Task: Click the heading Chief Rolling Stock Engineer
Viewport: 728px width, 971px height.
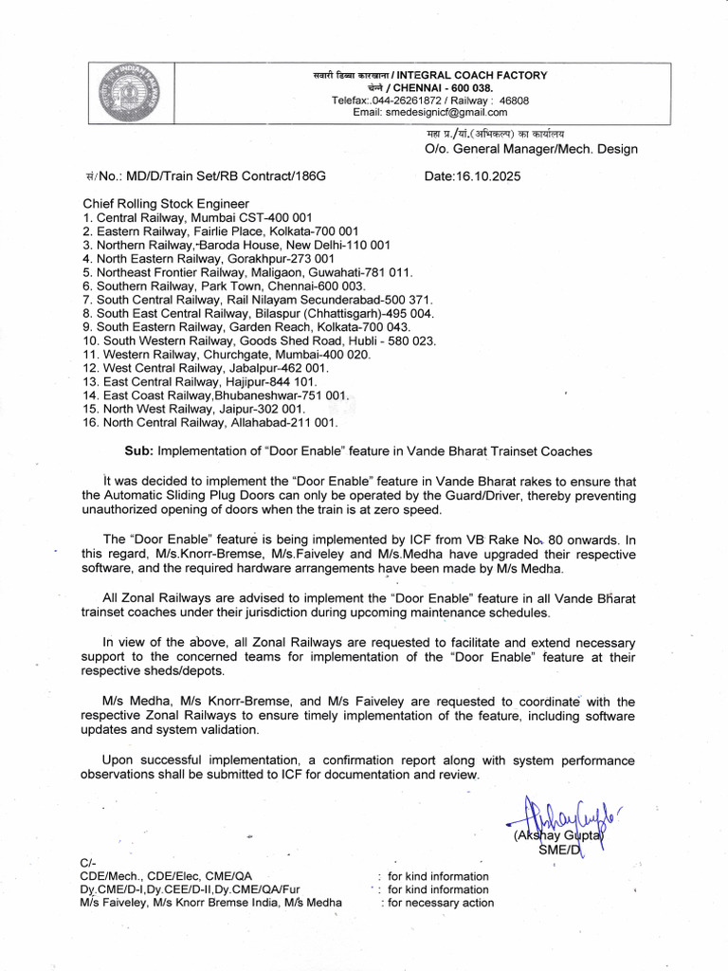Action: point(166,203)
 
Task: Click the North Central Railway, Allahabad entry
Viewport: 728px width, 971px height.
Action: point(210,422)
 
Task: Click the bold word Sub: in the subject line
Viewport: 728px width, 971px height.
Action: point(139,450)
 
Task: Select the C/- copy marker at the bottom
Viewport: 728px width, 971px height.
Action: point(88,862)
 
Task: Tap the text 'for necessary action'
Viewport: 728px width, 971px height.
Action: point(437,903)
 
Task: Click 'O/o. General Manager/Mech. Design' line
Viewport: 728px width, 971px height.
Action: point(530,149)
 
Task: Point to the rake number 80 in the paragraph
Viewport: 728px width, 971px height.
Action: point(568,540)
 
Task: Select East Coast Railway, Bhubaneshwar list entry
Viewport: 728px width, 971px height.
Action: point(216,394)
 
